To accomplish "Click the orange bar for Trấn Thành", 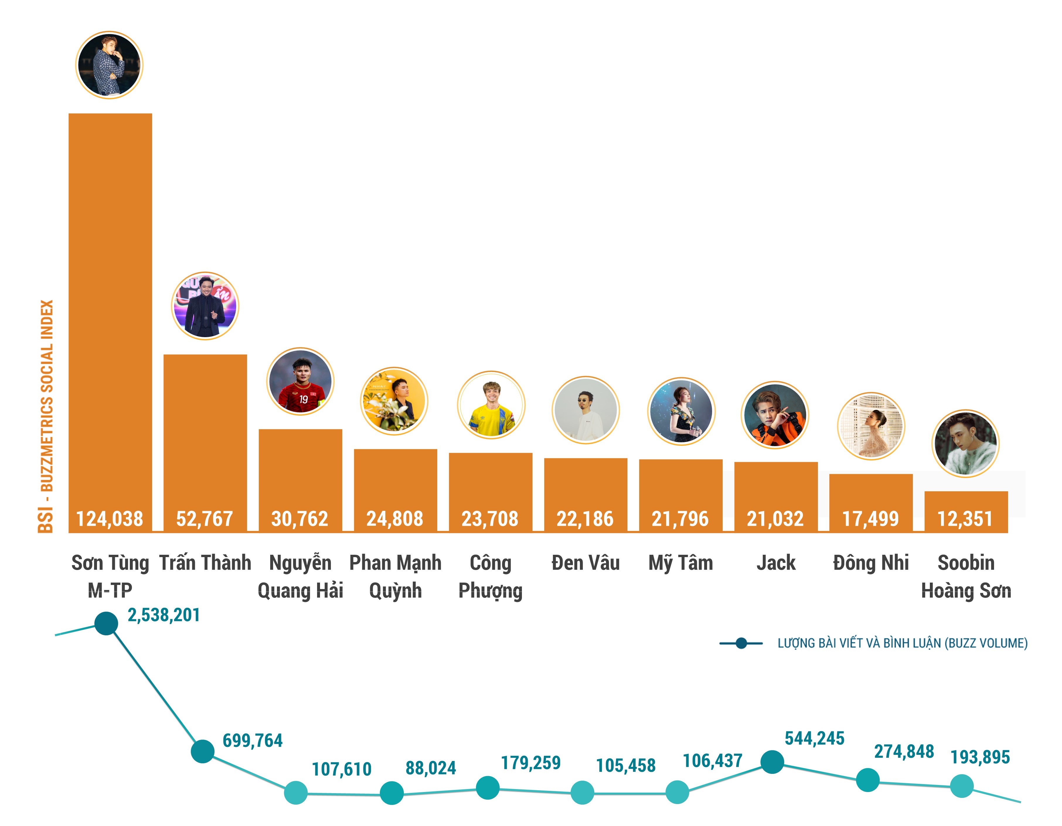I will (x=205, y=428).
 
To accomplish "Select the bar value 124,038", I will (x=110, y=519).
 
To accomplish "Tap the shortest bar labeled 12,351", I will (x=965, y=506).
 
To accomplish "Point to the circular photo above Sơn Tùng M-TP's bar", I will (x=109, y=65).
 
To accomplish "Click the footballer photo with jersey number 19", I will (x=300, y=381).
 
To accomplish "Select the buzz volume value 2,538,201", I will (x=164, y=615).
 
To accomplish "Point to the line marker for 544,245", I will (x=772, y=762).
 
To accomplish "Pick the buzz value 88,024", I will (x=431, y=768).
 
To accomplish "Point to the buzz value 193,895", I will (x=980, y=757).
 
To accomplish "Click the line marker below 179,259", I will (x=487, y=788).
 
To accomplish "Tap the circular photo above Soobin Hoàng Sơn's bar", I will (x=965, y=443).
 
